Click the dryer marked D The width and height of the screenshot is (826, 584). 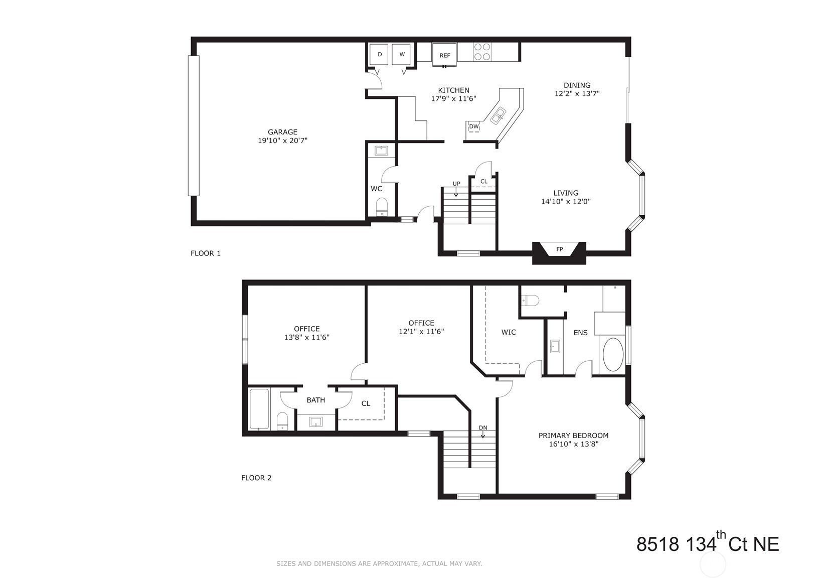[x=380, y=55]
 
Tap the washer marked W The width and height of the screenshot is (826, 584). [x=402, y=55]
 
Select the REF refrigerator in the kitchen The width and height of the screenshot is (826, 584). [x=445, y=55]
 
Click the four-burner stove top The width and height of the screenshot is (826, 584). [x=482, y=52]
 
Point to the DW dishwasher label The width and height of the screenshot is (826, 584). [x=474, y=126]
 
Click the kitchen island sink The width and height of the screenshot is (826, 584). [x=499, y=115]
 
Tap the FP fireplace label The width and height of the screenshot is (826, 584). [x=559, y=249]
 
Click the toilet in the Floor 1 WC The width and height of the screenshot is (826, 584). [x=382, y=207]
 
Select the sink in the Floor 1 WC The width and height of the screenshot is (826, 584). [x=381, y=151]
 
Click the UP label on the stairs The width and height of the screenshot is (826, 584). [x=456, y=184]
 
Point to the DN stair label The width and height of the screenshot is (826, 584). [x=483, y=427]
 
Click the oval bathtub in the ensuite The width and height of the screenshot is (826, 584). [x=613, y=355]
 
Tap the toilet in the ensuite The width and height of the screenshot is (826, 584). [x=530, y=301]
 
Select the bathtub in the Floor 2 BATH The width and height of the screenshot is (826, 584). [x=260, y=409]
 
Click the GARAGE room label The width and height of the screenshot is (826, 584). [x=282, y=132]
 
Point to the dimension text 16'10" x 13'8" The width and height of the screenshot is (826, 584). [x=573, y=444]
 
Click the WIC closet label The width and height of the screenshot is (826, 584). [x=509, y=332]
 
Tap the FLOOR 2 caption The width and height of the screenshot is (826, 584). [x=256, y=478]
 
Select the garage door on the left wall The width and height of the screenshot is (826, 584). [x=194, y=125]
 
